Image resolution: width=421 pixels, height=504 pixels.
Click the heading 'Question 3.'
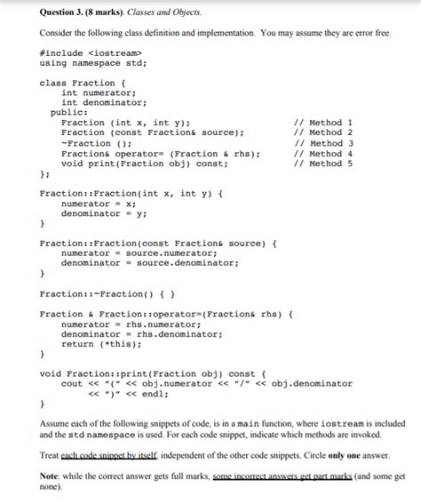(44, 13)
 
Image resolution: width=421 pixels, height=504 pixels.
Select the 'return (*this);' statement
(102, 344)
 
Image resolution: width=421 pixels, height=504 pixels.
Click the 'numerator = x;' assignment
(99, 204)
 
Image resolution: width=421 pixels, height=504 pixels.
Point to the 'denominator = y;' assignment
(104, 214)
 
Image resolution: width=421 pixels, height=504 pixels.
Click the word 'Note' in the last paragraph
(51, 477)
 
